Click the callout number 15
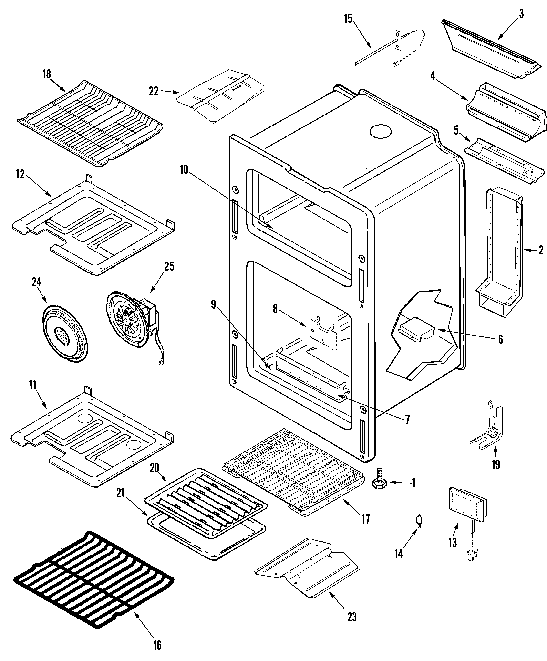click(348, 19)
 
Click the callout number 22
click(153, 92)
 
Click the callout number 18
click(47, 75)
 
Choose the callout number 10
click(184, 170)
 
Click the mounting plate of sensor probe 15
click(398, 40)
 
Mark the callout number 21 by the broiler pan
click(121, 493)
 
